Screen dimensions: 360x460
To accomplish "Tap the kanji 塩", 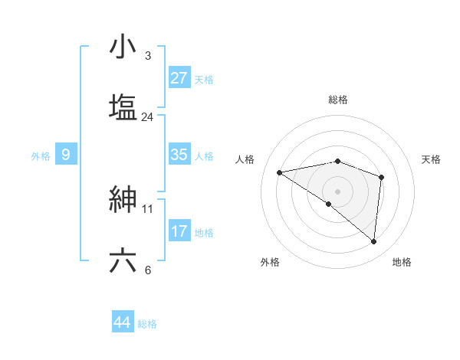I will click(123, 106).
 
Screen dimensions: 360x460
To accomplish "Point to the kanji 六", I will click(123, 260).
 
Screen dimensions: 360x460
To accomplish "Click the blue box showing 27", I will click(179, 77).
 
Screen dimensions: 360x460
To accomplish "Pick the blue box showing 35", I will click(179, 155).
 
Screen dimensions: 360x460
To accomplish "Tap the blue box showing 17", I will click(179, 231).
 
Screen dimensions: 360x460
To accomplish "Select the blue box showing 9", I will click(66, 155).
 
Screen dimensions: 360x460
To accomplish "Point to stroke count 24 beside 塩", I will click(147, 117).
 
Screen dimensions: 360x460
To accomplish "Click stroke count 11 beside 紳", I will click(148, 208).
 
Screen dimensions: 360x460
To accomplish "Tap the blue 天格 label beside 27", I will click(204, 79).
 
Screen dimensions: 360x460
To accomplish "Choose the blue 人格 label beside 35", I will click(204, 156).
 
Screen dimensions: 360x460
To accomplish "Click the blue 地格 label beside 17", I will click(204, 233).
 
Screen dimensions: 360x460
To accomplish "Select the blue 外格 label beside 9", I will click(41, 156).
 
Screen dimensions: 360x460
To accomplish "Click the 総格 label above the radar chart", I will click(338, 100).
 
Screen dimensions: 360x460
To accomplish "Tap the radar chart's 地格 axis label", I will click(402, 262).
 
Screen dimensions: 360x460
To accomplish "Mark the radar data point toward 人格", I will click(280, 172).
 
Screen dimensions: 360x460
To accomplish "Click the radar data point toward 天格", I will click(381, 177).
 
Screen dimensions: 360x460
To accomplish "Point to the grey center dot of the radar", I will click(337, 190).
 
